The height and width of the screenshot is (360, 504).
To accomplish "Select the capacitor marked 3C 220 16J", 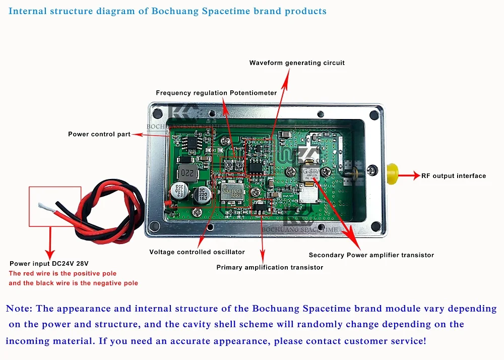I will (205, 193).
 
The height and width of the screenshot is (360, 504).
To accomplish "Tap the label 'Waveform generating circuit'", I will (297, 63).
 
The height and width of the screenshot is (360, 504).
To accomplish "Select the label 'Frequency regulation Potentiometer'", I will (216, 93).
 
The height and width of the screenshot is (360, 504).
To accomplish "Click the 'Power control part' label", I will (99, 134).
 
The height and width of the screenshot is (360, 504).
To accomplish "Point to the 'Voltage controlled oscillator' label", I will (197, 252).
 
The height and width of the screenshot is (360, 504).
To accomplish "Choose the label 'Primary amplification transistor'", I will (270, 267).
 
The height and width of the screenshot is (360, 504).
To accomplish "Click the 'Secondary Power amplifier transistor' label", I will (371, 255).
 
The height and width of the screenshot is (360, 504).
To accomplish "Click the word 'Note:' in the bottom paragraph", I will (20, 309).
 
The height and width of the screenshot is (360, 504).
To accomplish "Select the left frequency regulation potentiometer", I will (229, 164).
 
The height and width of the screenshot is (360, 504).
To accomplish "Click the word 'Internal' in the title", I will (26, 11).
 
